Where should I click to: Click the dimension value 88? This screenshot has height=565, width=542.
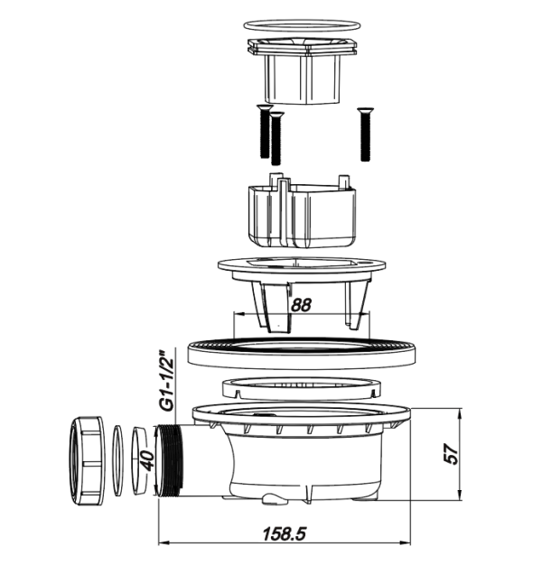tap(301, 305)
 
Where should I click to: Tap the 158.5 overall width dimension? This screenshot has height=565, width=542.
tap(285, 534)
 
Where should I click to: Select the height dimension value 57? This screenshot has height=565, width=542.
tap(452, 454)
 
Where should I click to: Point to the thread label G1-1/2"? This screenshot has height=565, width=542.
tap(168, 380)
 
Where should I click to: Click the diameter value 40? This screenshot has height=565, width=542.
tap(147, 460)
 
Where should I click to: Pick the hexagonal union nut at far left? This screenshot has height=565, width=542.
tap(86, 460)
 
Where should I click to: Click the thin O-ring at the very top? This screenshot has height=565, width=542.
tap(303, 25)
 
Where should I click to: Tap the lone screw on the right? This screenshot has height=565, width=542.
tap(365, 134)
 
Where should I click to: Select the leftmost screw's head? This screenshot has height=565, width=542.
tap(265, 107)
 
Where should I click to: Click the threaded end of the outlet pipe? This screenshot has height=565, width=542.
tap(170, 461)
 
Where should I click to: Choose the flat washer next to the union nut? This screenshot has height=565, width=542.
tap(117, 460)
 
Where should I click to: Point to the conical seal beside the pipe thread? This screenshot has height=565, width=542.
tap(138, 460)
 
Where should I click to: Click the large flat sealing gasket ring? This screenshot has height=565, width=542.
tap(303, 355)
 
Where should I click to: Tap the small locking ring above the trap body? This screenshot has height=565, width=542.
tap(302, 389)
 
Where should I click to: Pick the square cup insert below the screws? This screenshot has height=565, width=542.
tap(303, 213)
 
